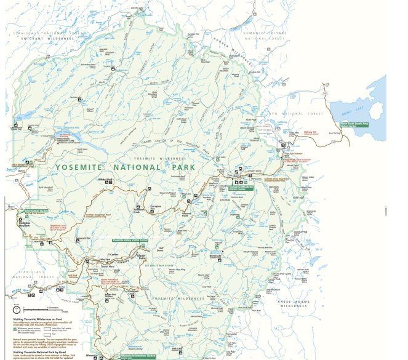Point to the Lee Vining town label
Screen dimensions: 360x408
point(335,133)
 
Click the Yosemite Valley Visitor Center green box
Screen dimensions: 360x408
point(130,239)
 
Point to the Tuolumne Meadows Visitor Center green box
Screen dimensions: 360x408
point(241,187)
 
